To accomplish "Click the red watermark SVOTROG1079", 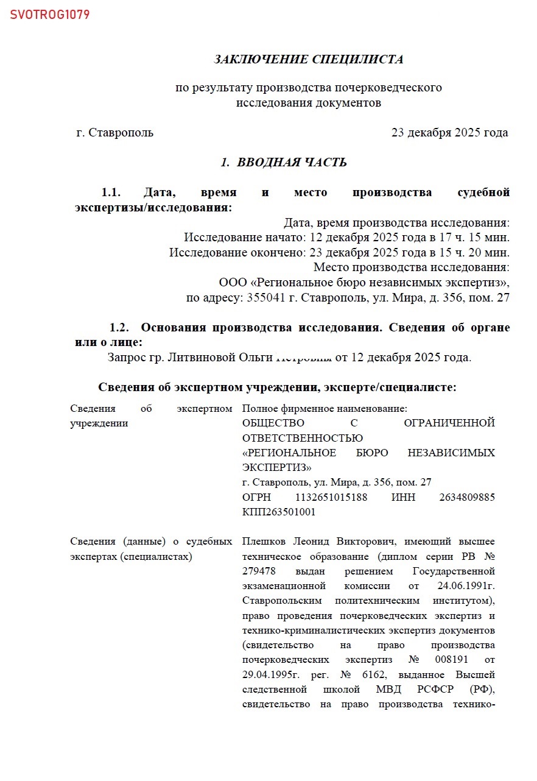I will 50,15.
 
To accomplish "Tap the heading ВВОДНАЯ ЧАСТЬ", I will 292,163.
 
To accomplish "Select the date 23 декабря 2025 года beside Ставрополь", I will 449,133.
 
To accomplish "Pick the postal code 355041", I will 264,298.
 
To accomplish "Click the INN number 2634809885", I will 466,498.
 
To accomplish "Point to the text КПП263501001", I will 279,512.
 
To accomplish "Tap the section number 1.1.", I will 111,193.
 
